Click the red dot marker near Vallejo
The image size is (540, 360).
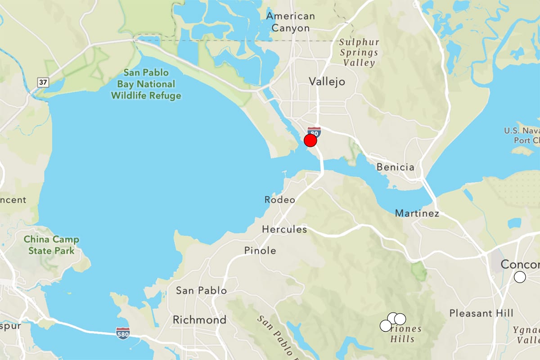click(310, 141)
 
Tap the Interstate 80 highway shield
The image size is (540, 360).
click(315, 132)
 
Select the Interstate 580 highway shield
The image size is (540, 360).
click(122, 333)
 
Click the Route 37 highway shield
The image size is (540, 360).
click(42, 81)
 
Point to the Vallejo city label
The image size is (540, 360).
click(327, 81)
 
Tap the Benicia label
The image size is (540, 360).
click(396, 167)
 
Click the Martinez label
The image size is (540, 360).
click(417, 213)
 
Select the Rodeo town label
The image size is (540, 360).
click(280, 199)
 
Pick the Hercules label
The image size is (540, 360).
click(284, 229)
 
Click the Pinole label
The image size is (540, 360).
click(260, 251)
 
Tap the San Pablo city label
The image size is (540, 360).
click(201, 291)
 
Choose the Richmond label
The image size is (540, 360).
click(200, 320)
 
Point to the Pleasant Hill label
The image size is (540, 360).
click(481, 313)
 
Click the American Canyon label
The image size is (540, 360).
click(291, 22)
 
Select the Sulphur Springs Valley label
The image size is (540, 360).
click(359, 52)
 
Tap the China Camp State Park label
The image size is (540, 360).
click(51, 245)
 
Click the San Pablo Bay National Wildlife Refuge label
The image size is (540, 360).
click(146, 84)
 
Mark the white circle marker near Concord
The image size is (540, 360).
click(520, 277)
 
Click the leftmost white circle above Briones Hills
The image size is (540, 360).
click(386, 325)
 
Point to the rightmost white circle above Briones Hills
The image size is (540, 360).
click(400, 319)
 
